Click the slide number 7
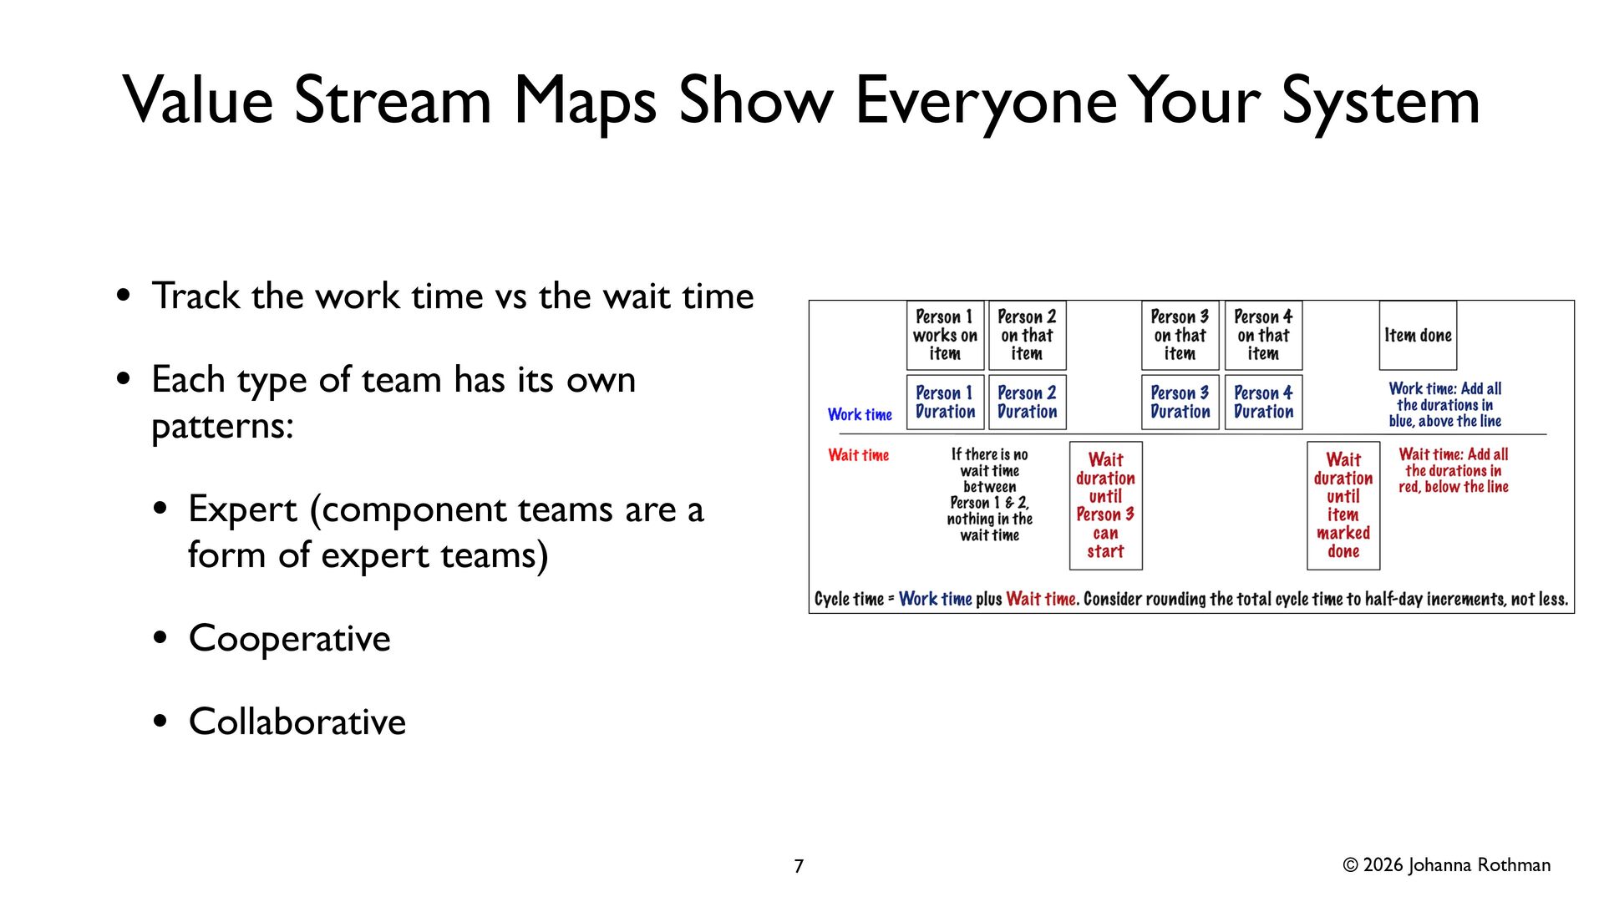click(x=799, y=866)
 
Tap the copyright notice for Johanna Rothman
click(x=1446, y=865)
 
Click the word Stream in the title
click(x=393, y=101)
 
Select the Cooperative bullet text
click(x=290, y=639)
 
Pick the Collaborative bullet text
click(x=297, y=722)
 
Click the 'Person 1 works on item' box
click(x=945, y=336)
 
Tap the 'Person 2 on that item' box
click(x=1027, y=336)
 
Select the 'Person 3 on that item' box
click(x=1180, y=336)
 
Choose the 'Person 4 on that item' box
click(x=1263, y=336)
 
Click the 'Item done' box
click(x=1418, y=336)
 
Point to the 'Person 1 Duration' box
click(x=945, y=403)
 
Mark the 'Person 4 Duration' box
click(x=1263, y=403)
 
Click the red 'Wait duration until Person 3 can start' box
click(x=1105, y=506)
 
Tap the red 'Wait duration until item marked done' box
click(x=1343, y=506)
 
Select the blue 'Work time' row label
click(x=860, y=414)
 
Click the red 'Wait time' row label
click(x=859, y=455)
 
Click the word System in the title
click(x=1380, y=101)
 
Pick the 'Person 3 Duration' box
click(x=1180, y=403)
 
